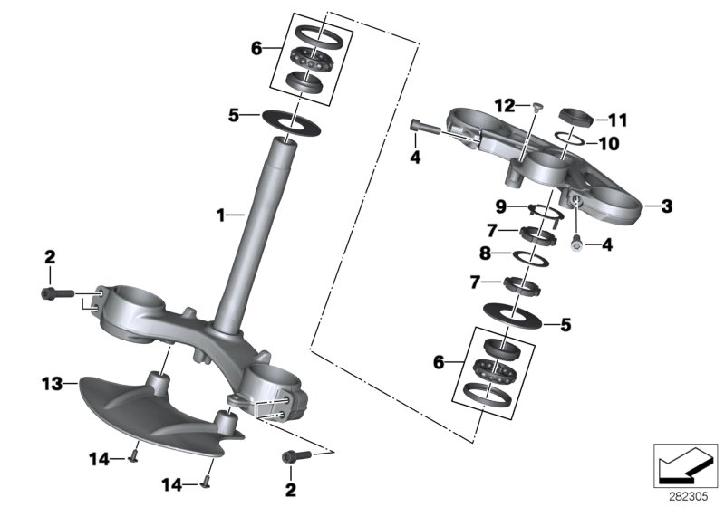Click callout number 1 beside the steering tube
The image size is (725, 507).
[x=219, y=215]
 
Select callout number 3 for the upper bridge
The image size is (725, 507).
[x=667, y=207]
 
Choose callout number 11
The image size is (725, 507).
[x=617, y=120]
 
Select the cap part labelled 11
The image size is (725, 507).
[x=574, y=116]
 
